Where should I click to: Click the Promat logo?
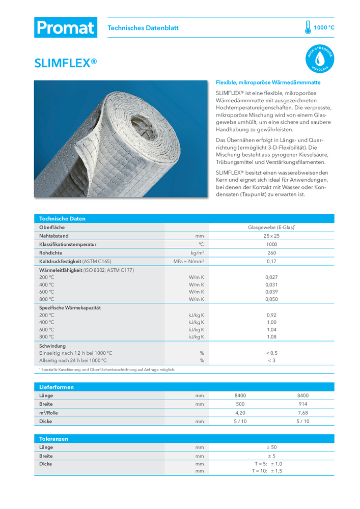(65, 27)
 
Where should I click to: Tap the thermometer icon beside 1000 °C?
(308, 27)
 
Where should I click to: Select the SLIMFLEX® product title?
(65, 63)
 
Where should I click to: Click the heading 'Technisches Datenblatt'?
(143, 28)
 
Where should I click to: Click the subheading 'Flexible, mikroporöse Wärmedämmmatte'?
(268, 82)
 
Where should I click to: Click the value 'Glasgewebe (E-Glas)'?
(271, 228)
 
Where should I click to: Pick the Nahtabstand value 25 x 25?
(271, 236)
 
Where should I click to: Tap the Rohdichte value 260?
(271, 252)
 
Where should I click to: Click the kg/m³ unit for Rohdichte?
(198, 252)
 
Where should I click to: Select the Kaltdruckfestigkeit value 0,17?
(271, 261)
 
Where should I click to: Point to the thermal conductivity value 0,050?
(271, 299)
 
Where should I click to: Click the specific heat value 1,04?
(271, 329)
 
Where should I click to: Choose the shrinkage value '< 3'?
(271, 360)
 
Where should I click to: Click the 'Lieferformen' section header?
(57, 387)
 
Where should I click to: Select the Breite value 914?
(302, 404)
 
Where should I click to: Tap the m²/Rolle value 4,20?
(240, 413)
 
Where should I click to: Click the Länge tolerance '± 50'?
(271, 447)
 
